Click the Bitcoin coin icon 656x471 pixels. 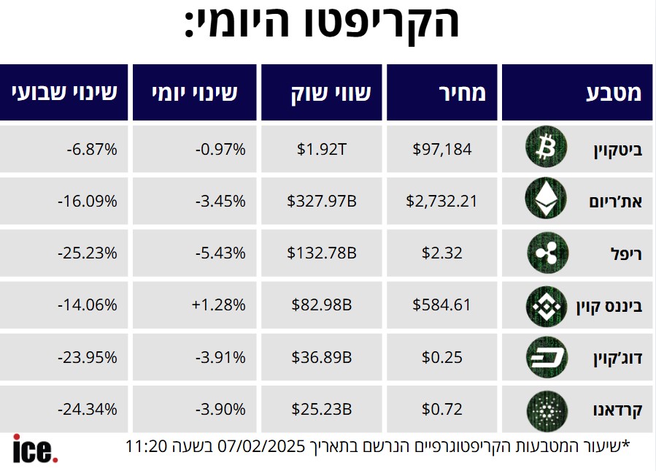pos(545,149)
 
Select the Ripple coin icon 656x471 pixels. pos(545,253)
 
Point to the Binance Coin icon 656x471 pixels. pos(545,305)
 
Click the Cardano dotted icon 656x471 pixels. pos(545,410)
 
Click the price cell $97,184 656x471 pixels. pos(442,149)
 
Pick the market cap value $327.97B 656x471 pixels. pos(322,201)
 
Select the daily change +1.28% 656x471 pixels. pos(220,305)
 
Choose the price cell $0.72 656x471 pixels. pos(442,410)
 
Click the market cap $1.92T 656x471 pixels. pos(322,149)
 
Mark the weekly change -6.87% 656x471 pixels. pos(91,149)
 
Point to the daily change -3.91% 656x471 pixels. pos(220,358)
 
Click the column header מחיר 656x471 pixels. pos(462,93)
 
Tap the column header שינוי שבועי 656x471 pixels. pos(64,93)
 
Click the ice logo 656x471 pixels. pos(34,448)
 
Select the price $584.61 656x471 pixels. pos(442,305)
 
